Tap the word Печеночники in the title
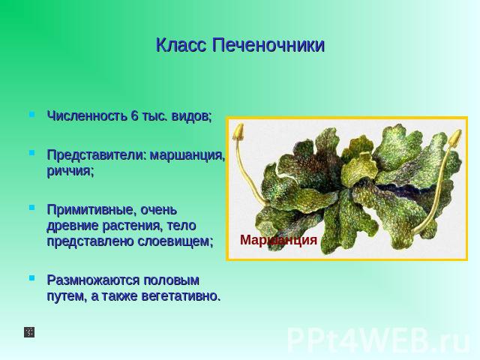pos(268,45)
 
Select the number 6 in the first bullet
pos(135,115)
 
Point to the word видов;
pos(191,116)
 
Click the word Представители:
pos(95,155)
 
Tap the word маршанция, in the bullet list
pos(187,156)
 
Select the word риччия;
pos(70,172)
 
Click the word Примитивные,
pos(91,211)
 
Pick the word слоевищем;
pos(175,241)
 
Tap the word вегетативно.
pos(181,296)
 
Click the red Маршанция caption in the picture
pos(278,240)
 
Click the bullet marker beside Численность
pos(31,115)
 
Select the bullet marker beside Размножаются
pos(31,278)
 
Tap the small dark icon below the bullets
pos(29,332)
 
